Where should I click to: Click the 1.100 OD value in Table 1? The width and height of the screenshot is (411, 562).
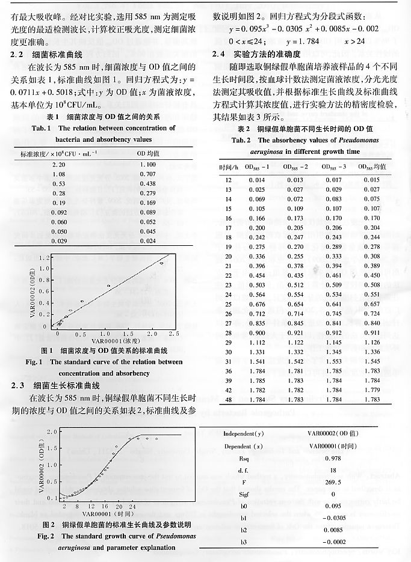[x=147, y=164]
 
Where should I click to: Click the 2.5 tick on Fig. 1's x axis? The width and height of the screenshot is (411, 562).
[x=173, y=333]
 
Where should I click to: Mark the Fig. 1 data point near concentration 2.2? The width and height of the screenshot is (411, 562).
[x=161, y=263]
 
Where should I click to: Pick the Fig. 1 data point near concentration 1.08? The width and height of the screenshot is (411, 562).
[x=108, y=286]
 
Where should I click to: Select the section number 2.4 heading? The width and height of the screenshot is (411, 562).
[x=220, y=53]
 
